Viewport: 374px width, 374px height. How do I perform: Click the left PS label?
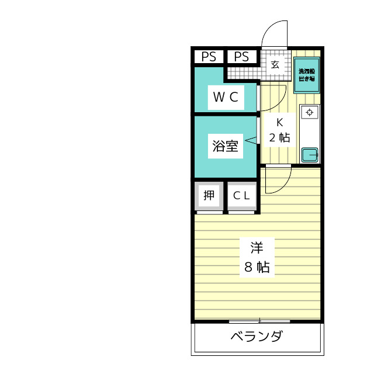(x=209, y=57)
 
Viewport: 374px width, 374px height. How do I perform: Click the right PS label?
(x=241, y=57)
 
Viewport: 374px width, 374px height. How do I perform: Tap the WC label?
(x=225, y=98)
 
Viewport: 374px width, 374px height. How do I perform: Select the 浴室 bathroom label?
(x=225, y=146)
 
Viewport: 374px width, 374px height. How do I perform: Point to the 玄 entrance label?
(x=275, y=64)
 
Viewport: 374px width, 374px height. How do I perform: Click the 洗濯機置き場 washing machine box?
(x=307, y=75)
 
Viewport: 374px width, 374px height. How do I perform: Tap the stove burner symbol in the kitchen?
(x=309, y=112)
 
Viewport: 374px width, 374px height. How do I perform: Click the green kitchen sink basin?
(x=309, y=155)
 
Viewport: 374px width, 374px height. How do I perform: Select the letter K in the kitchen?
(x=279, y=122)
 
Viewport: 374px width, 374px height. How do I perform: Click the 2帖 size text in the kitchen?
(x=279, y=138)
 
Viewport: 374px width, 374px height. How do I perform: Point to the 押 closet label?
(x=209, y=196)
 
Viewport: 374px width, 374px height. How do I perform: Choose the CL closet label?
(x=241, y=196)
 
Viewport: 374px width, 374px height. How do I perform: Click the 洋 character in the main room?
(x=257, y=248)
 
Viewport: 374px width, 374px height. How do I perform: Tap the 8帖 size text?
(x=257, y=268)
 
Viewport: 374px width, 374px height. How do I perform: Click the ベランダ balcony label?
(x=257, y=337)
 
